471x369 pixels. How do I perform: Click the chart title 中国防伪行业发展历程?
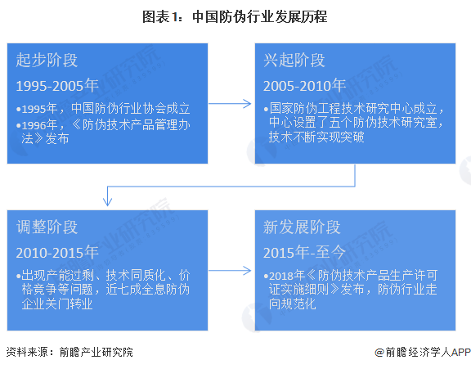tap(259, 16)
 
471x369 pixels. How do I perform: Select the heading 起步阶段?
tap(47, 60)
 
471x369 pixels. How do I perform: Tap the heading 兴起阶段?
tap(294, 60)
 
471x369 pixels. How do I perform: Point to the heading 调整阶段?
tap(47, 227)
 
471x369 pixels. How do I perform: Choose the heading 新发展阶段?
tap(302, 227)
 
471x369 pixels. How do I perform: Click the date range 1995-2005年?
tap(57, 85)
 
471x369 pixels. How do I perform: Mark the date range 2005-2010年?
tap(304, 85)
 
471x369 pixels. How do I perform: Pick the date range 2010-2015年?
tap(57, 252)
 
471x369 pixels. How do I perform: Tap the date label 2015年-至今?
tap(304, 252)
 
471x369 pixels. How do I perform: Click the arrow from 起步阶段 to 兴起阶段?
tap(230, 104)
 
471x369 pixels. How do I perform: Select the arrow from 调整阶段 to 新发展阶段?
tap(230, 271)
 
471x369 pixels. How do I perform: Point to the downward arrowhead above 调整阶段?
tap(108, 201)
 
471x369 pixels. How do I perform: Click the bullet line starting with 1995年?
tap(103, 109)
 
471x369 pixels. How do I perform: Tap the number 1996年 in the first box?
tap(39, 125)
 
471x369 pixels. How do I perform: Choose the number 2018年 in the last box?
tap(287, 275)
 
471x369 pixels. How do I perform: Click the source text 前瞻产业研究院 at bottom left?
tap(96, 352)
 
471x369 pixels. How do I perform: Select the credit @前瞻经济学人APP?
tap(423, 352)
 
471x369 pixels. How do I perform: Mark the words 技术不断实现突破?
tap(316, 137)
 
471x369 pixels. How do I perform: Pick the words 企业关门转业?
tap(57, 304)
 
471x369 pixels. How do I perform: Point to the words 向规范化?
tap(293, 304)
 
